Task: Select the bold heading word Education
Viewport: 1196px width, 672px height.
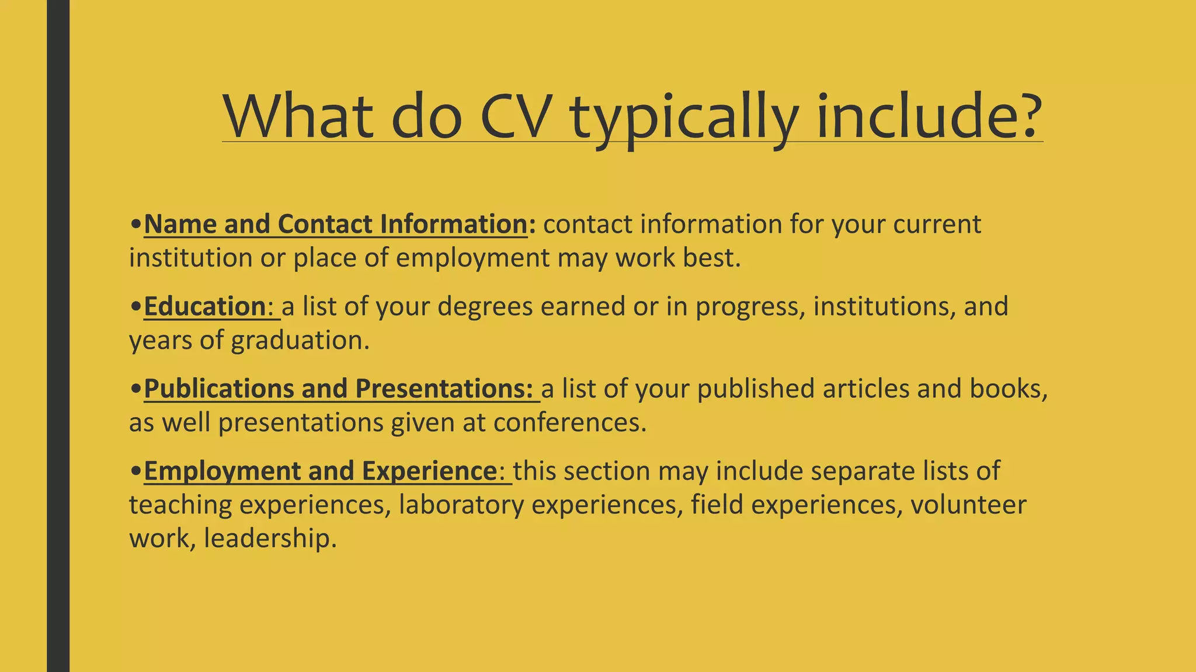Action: [205, 306]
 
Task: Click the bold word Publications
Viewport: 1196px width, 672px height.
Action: [219, 389]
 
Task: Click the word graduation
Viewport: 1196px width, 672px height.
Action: [300, 341]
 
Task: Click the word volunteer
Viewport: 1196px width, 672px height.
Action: [968, 505]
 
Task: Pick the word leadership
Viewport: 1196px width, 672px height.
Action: [270, 538]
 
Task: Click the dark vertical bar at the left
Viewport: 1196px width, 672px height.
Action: [58, 336]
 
